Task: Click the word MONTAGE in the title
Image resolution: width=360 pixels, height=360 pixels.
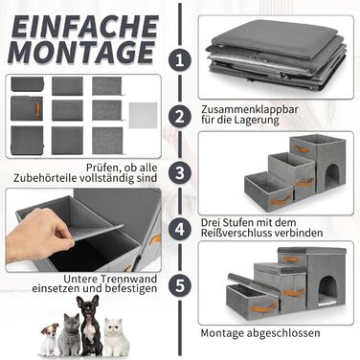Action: click(81, 52)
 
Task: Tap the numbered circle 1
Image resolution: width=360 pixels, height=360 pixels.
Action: click(180, 60)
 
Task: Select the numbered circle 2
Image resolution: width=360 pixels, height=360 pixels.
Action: click(180, 116)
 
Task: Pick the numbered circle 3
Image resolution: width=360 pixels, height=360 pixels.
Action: click(180, 172)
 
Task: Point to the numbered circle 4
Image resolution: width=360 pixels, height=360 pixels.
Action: click(180, 229)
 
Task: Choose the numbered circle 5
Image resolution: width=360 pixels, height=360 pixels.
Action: click(180, 285)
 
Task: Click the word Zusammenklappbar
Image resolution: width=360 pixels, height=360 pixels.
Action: click(250, 109)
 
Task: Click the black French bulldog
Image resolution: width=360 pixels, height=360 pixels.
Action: click(89, 325)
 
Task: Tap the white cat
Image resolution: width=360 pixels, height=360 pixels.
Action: click(117, 337)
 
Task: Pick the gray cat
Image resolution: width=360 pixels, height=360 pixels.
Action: click(69, 335)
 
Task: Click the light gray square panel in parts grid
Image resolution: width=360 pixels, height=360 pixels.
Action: click(143, 115)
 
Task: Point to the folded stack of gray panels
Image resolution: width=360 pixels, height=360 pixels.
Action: click(277, 56)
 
